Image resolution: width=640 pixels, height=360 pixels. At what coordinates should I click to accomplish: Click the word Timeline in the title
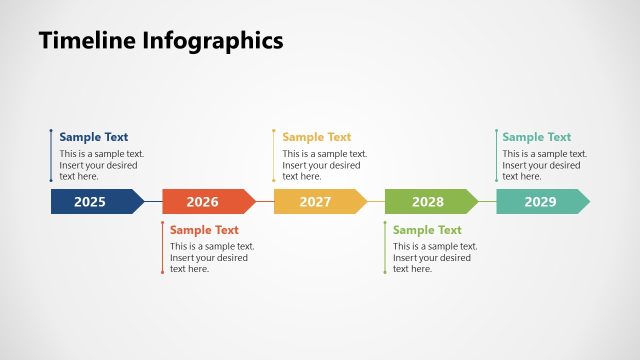coord(86,41)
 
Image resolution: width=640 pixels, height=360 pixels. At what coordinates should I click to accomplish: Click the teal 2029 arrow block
coord(541,202)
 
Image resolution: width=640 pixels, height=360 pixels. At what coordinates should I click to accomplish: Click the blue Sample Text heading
coord(94,137)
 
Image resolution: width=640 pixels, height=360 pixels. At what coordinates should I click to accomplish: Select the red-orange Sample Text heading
coord(204,230)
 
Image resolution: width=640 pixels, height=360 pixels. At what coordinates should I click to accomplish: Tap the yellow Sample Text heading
coord(317,137)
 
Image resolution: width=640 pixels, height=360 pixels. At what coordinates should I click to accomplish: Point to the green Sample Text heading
coord(427,230)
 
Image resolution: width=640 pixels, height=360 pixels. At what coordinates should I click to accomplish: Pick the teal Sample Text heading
coord(537,137)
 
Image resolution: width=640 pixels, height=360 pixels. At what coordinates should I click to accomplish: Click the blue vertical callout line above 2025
coord(51,155)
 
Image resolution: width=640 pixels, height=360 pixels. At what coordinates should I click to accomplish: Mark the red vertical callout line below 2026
coord(162,248)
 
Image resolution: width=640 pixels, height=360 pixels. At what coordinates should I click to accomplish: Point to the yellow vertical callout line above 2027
coord(274,155)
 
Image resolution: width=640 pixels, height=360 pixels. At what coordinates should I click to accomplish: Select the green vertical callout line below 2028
coord(385,248)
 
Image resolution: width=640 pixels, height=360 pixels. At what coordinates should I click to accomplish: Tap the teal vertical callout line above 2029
coord(497,155)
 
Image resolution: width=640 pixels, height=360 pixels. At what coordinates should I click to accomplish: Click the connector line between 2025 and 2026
coord(153,202)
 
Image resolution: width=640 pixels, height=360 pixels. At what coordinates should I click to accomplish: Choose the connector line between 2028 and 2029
coord(487,202)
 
